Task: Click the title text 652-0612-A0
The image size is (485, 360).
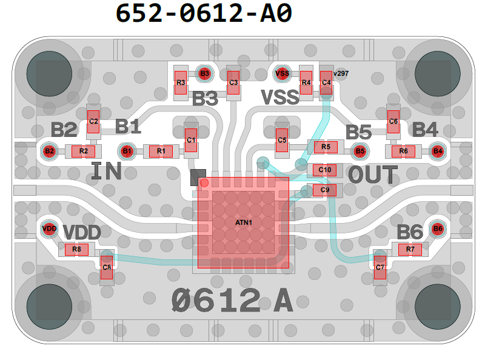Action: [204, 13]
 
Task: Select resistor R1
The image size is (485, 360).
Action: [161, 151]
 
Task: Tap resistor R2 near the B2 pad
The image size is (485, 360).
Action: [84, 151]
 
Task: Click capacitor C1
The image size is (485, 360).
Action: [192, 141]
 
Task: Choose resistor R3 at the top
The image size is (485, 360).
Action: [181, 82]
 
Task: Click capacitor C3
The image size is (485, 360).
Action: [233, 82]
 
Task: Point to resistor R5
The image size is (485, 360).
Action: [326, 147]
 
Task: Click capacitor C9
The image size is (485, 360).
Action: [325, 190]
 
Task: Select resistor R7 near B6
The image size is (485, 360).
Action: [410, 248]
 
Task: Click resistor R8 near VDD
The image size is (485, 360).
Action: [76, 249]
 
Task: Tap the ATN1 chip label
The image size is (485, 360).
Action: [244, 223]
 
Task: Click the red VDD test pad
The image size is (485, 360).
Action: [48, 228]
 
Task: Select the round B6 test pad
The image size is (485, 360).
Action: [438, 228]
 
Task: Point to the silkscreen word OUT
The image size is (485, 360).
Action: [373, 175]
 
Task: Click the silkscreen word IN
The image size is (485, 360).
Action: [106, 172]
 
